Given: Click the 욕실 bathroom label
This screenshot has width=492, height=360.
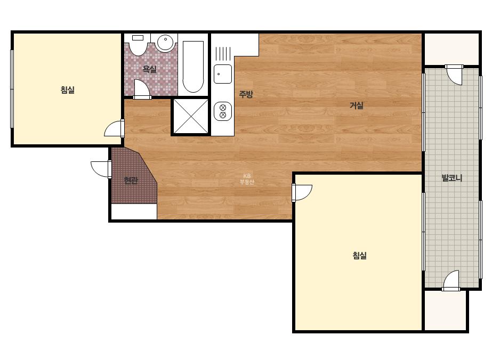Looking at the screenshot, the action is (149, 69).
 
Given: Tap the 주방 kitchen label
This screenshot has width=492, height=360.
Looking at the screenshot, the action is (246, 94).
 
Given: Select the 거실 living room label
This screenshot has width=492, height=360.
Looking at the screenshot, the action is (357, 105).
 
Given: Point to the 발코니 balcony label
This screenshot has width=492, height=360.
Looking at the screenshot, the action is (452, 178).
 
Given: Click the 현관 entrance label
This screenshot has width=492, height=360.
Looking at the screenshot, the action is (131, 181).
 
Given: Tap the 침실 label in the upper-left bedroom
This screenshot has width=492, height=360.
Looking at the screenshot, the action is (68, 90).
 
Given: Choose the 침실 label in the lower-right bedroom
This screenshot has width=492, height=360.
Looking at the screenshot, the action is (360, 255).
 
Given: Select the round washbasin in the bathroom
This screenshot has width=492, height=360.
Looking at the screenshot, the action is (165, 43).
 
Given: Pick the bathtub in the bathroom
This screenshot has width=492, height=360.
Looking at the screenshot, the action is (193, 67).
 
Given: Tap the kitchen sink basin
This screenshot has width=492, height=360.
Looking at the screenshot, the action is (223, 74).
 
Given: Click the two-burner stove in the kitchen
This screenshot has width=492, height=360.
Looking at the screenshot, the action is (223, 111).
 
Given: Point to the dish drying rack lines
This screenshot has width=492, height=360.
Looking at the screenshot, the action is (223, 53).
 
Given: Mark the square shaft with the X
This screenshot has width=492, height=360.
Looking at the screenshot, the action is (191, 117).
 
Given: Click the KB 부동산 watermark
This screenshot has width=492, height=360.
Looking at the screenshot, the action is (247, 179).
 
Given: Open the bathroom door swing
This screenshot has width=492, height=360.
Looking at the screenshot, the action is (142, 89).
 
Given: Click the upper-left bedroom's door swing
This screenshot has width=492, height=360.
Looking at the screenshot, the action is (114, 128).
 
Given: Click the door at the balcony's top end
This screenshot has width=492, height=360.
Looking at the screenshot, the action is (454, 75).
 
